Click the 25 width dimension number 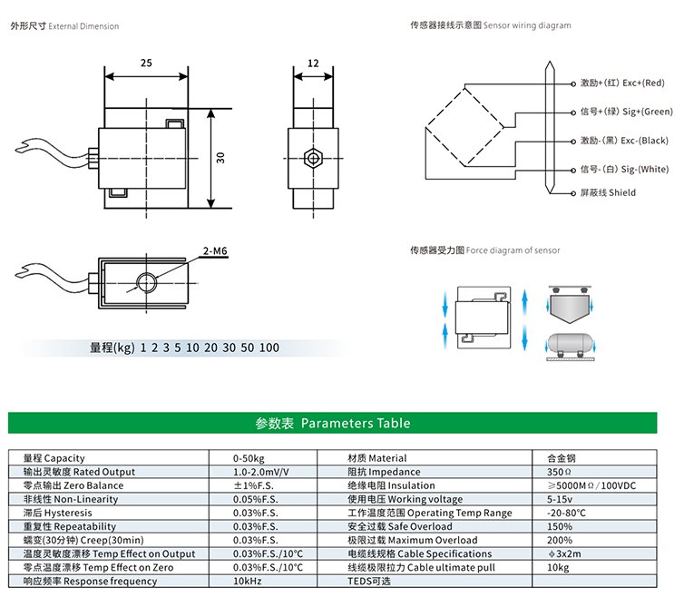[146, 63]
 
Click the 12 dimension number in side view [313, 64]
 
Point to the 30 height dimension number [220, 158]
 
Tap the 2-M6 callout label [215, 251]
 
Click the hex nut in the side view [313, 158]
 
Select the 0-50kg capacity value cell [249, 458]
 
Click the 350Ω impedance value [559, 472]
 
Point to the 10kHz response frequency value [248, 582]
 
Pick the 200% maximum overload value [560, 540]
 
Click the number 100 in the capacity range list [269, 347]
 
